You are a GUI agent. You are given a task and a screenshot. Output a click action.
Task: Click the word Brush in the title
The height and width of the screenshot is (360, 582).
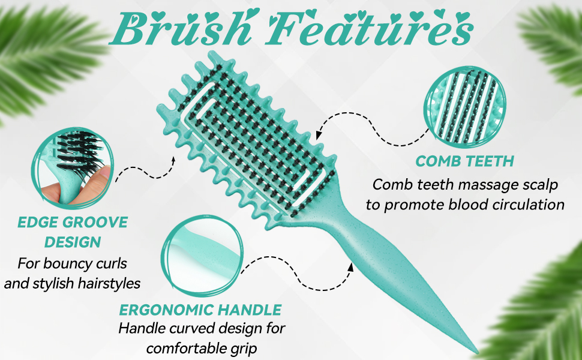point(182,28)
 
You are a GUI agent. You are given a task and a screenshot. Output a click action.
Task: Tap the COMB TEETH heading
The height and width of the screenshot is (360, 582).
point(465,161)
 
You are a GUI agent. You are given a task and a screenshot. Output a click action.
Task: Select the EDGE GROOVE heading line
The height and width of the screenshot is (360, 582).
point(73,223)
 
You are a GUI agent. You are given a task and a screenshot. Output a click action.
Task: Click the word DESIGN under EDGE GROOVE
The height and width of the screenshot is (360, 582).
point(73,242)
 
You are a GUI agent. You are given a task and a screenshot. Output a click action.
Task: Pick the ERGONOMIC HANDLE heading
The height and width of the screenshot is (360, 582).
point(200,310)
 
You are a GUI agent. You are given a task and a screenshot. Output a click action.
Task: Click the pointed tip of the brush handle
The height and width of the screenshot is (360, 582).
point(476,352)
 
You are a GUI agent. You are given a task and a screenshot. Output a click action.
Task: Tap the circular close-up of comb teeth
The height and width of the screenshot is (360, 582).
point(465,107)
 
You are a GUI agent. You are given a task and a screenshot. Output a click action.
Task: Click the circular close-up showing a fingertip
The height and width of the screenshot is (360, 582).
point(73,167)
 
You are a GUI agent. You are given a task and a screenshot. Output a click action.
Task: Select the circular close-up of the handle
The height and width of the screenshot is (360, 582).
point(203,256)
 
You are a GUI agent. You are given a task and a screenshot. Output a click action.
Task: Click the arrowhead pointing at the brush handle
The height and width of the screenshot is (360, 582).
point(350,266)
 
